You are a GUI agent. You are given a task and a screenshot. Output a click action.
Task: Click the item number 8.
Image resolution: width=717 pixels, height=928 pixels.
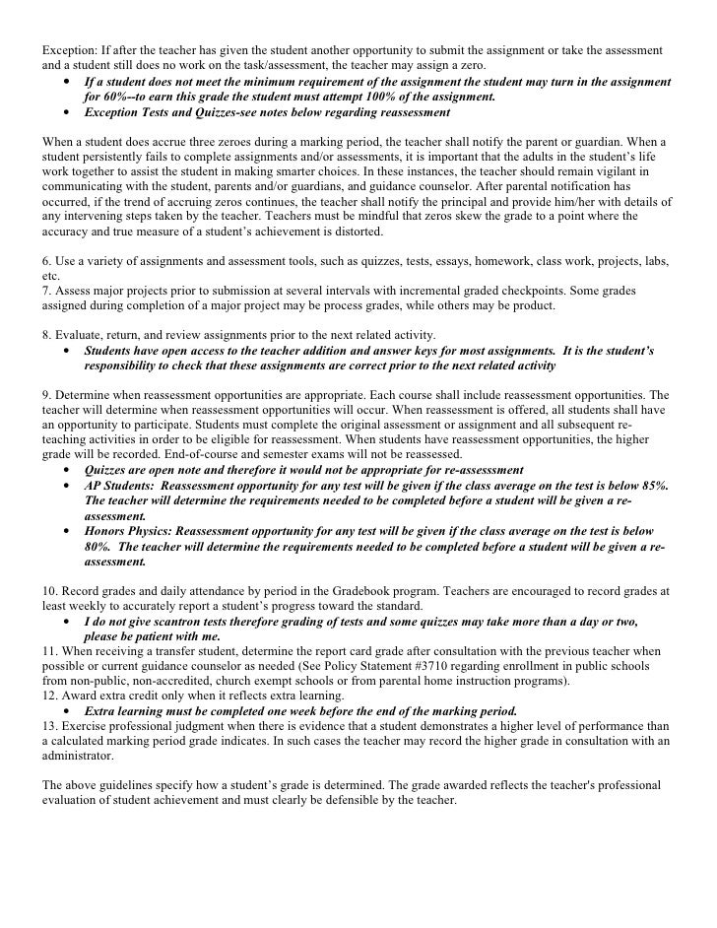coord(46,335)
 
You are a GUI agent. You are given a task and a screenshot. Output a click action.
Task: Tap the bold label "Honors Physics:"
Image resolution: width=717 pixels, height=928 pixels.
coord(132,530)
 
